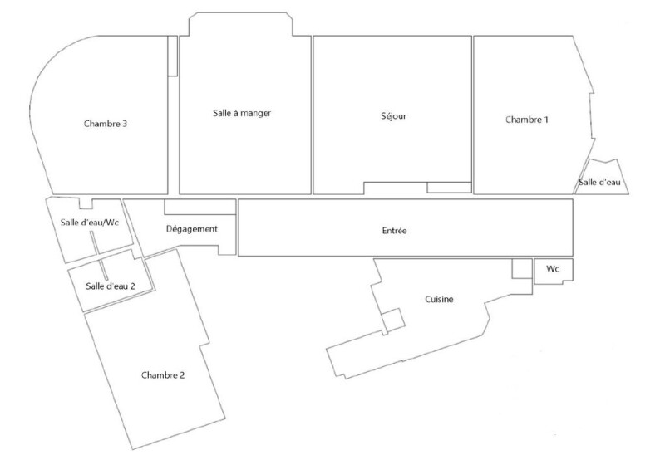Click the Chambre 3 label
[106, 124]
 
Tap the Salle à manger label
[242, 113]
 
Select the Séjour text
[393, 116]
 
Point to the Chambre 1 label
[527, 120]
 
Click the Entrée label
[394, 231]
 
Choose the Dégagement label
[192, 229]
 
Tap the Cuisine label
[439, 300]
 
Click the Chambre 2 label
[163, 375]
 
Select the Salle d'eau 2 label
[111, 286]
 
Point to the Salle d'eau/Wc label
[90, 223]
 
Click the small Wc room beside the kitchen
[554, 271]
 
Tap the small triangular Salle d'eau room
[602, 178]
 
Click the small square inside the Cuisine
[393, 320]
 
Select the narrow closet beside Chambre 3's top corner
[173, 56]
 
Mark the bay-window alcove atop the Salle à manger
[241, 24]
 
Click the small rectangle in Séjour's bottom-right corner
[449, 188]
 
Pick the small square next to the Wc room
[522, 268]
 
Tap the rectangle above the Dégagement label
[200, 207]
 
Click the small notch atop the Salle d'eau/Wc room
[86, 203]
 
